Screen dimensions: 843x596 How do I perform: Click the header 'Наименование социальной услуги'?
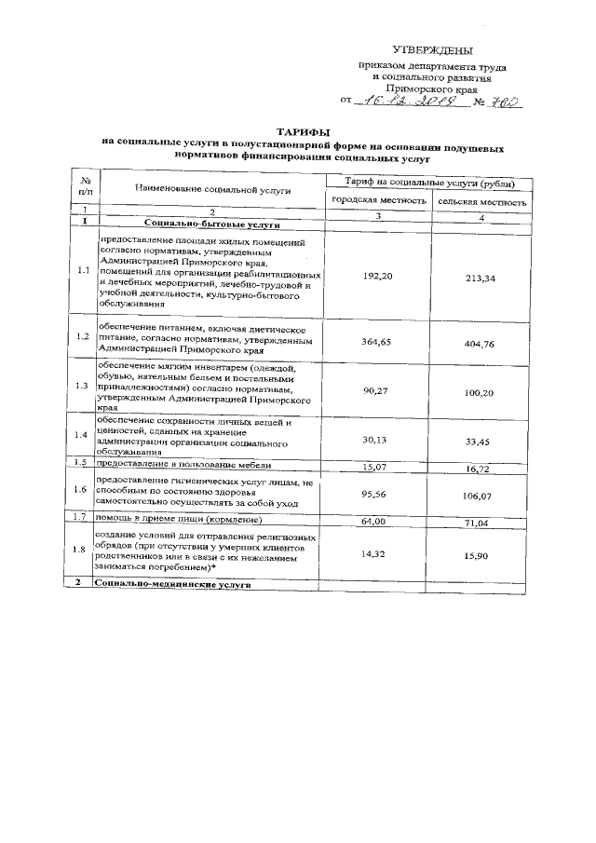[x=212, y=189]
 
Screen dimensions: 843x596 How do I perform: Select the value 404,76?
[x=482, y=344]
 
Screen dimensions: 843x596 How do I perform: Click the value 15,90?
[x=482, y=554]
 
